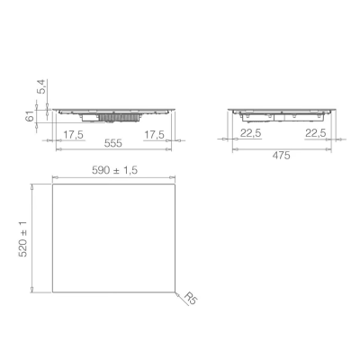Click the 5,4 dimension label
click(x=42, y=86)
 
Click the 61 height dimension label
click(x=30, y=116)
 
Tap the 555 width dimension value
click(x=113, y=143)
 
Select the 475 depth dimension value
click(x=281, y=156)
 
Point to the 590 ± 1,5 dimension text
click(x=114, y=170)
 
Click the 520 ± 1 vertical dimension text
click(x=22, y=238)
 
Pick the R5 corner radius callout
click(x=191, y=298)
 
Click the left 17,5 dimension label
click(x=73, y=135)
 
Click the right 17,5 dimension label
click(x=154, y=135)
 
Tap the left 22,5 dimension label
click(x=251, y=133)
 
